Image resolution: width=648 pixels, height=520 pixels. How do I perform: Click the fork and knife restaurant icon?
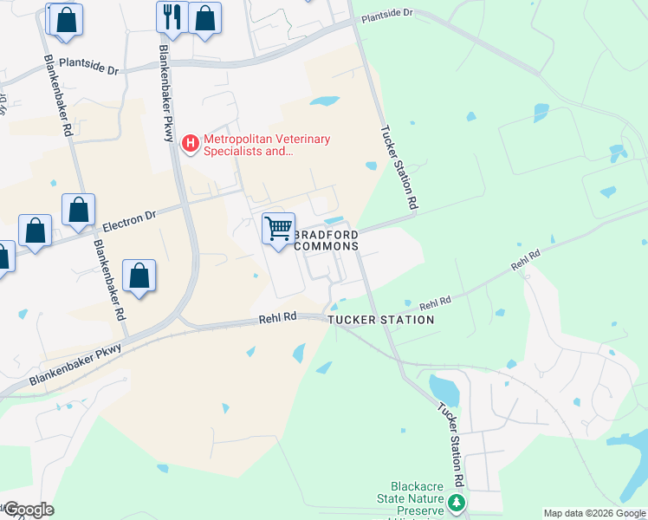(172, 17)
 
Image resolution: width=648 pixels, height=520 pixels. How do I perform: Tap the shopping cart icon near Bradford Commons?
(278, 230)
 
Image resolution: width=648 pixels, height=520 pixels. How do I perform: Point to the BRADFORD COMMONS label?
(327, 240)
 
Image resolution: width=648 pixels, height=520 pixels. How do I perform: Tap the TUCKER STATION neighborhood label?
(380, 320)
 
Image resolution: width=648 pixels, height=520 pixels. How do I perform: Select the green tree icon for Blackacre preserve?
(457, 502)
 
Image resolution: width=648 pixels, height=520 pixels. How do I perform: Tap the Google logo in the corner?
(28, 510)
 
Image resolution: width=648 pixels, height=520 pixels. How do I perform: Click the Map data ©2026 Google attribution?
(594, 513)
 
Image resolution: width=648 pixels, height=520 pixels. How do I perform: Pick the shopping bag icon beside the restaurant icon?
(204, 17)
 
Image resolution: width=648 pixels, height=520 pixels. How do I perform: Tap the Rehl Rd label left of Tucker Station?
(278, 319)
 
